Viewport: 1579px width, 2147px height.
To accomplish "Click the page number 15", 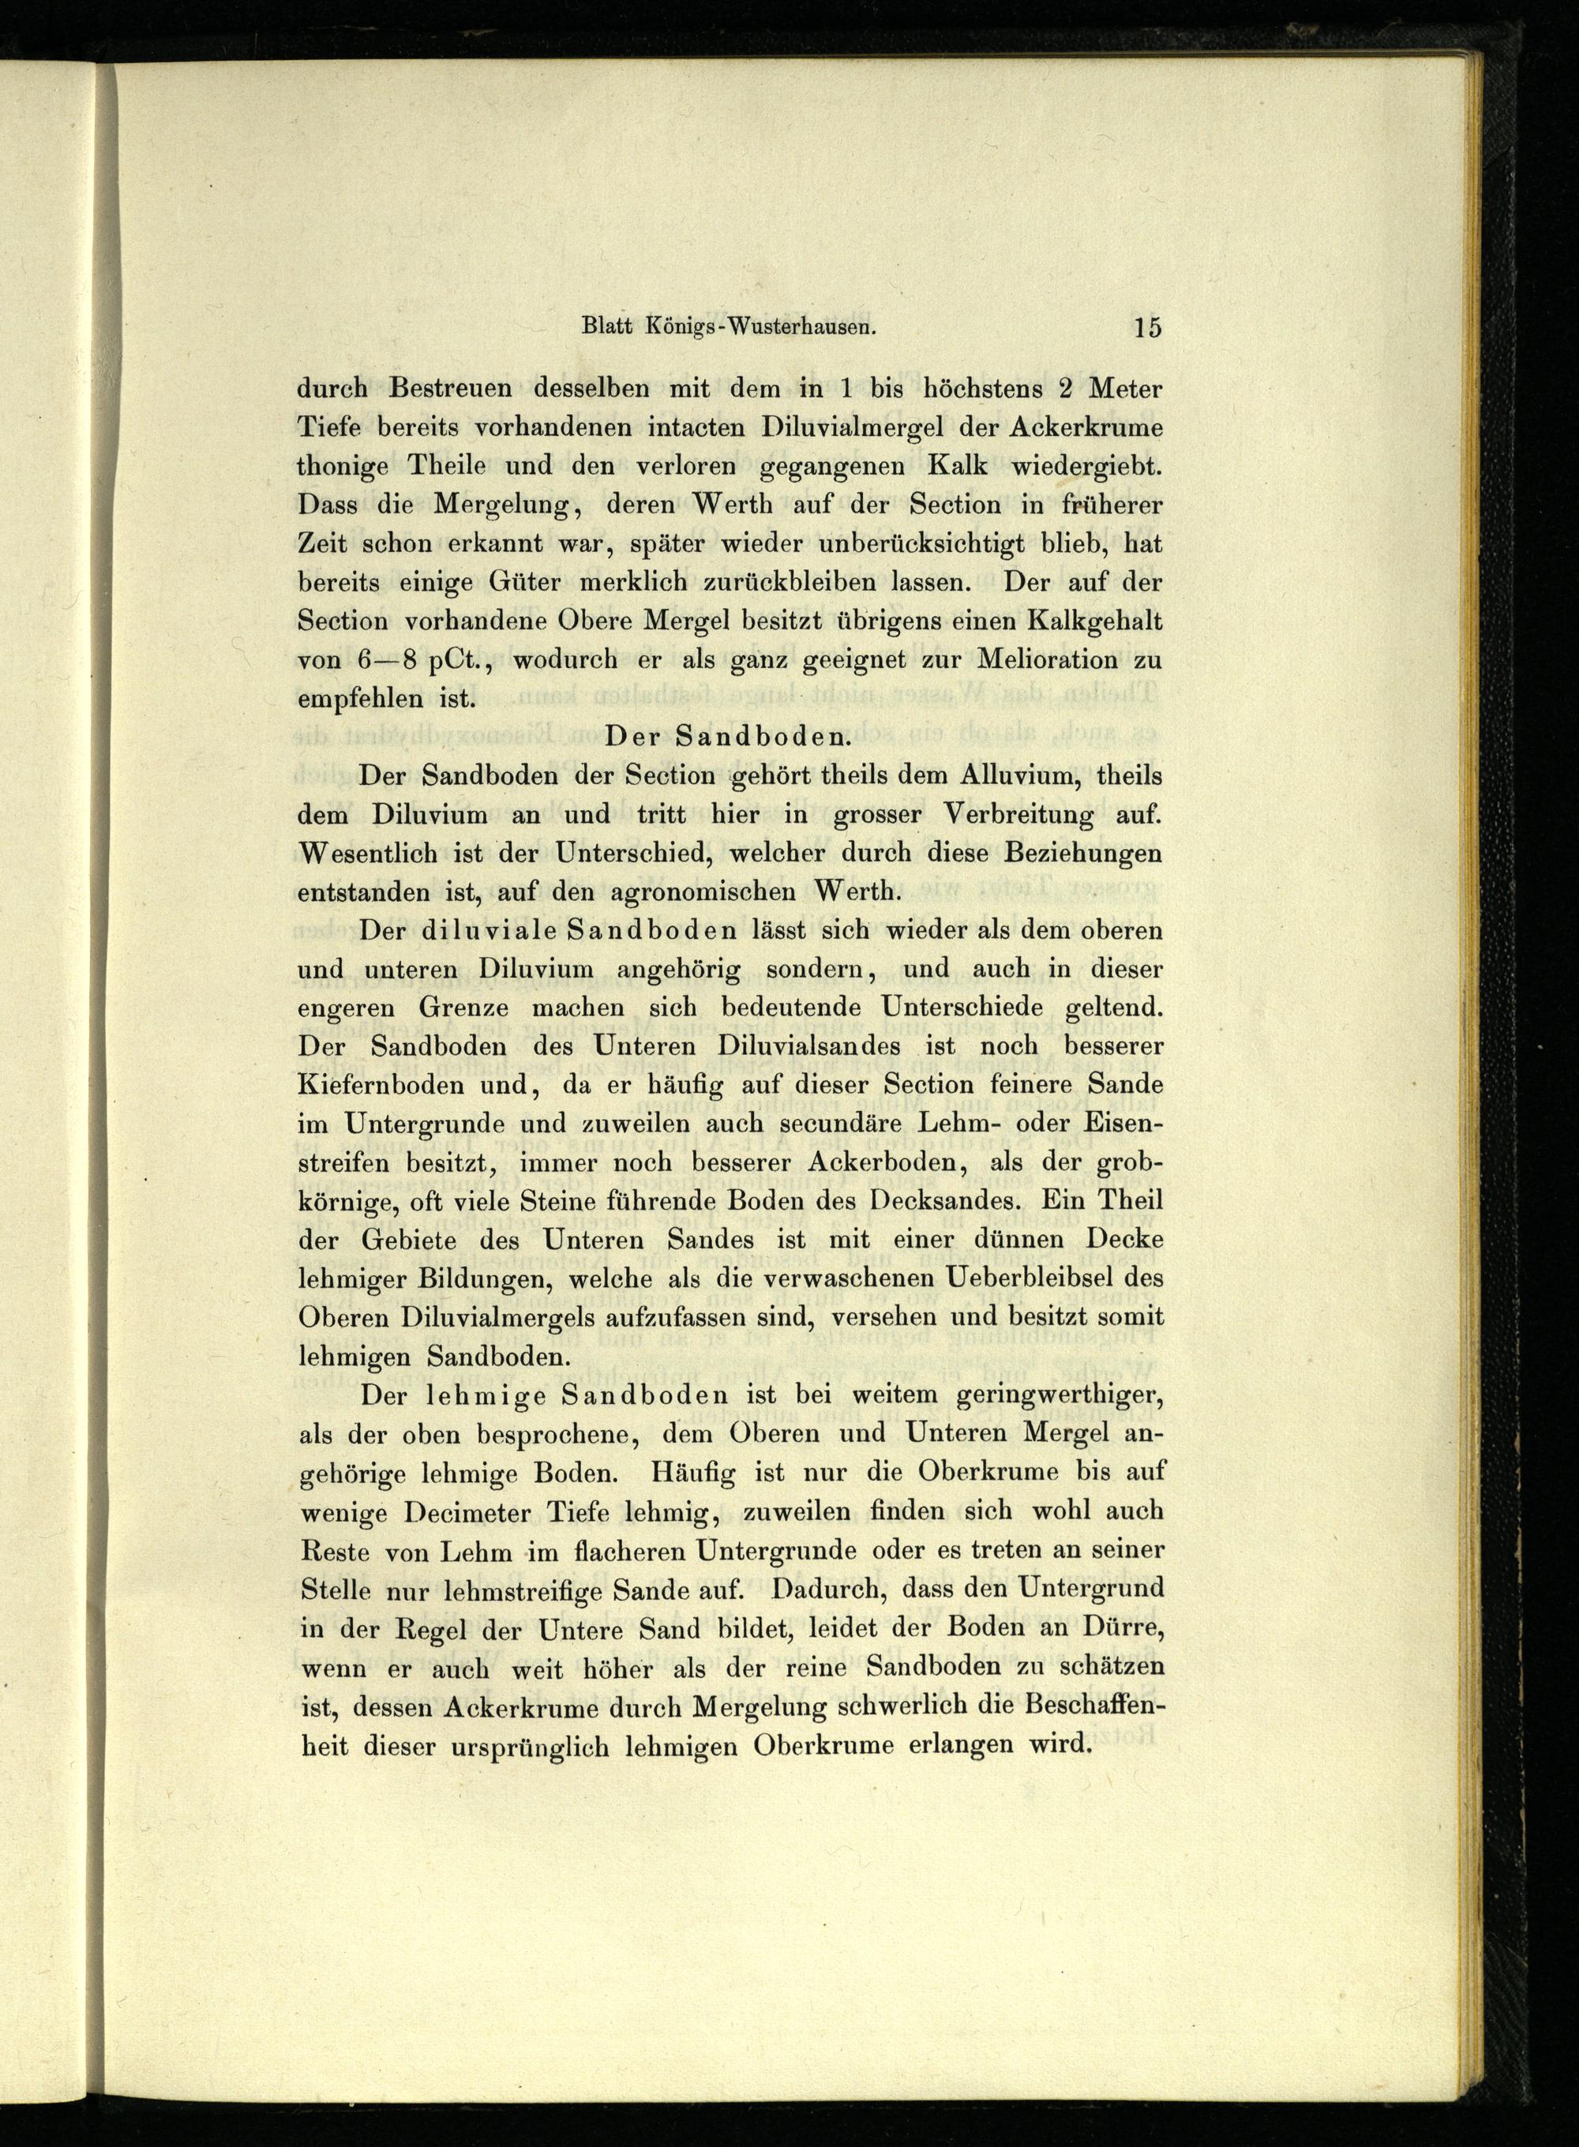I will (1146, 327).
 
